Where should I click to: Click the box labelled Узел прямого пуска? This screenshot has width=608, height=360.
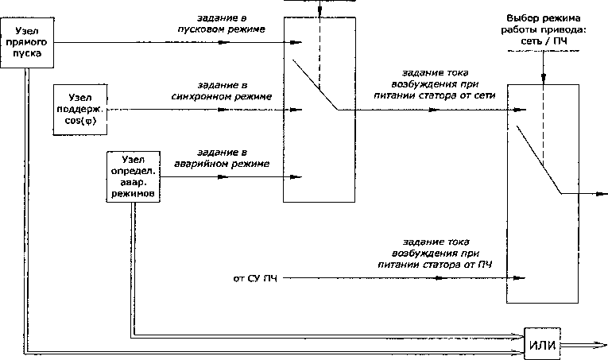pyautogui.click(x=29, y=42)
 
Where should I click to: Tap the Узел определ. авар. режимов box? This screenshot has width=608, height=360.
pyautogui.click(x=134, y=176)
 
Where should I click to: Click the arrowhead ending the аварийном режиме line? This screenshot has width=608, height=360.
pyautogui.click(x=300, y=176)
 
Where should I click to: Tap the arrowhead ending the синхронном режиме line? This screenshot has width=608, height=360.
pyautogui.click(x=300, y=108)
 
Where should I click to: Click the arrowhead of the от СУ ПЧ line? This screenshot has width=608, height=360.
pyautogui.click(x=522, y=278)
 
